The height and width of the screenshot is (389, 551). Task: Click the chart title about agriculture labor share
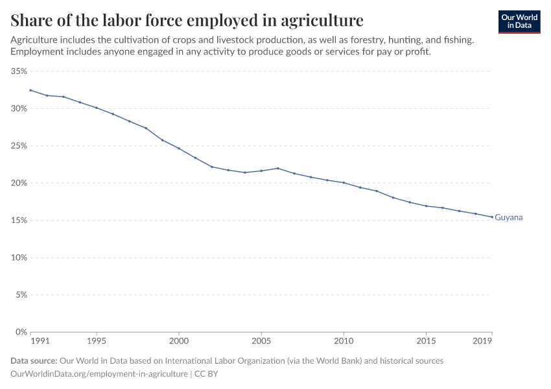pos(187,19)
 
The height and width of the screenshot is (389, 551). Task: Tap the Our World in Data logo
pos(519,21)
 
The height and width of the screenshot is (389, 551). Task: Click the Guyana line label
pos(508,218)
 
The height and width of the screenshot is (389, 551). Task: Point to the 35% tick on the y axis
pos(19,71)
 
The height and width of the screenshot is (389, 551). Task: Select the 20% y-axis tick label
pos(19,183)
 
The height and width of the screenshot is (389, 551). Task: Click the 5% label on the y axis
pos(21,294)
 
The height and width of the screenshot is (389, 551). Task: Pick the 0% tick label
pos(21,332)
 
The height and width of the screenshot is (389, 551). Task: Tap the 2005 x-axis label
pos(261,340)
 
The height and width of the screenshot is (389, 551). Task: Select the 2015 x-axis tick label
pos(426,340)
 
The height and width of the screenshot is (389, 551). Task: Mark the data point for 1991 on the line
pos(30,90)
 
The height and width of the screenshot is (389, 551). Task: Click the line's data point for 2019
pos(491,217)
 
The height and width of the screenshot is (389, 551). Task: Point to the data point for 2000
pos(179,148)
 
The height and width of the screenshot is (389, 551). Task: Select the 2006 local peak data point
pos(277,169)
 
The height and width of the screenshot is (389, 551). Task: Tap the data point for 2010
pos(344,183)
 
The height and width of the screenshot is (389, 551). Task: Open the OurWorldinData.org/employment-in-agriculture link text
pos(99,374)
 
